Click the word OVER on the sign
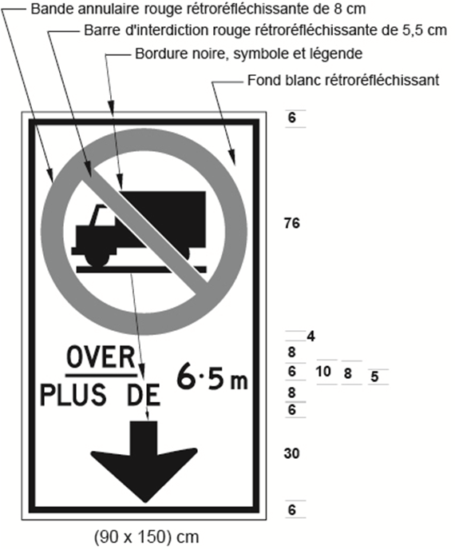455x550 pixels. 101,357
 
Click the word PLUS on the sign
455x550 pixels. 73,395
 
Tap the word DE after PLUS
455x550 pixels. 143,395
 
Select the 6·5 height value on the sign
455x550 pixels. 200,377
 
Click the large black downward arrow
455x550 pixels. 144,460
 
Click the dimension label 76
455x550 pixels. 292,223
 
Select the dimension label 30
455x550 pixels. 292,453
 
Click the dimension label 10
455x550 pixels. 323,372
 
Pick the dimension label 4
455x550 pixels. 311,337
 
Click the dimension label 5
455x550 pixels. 375,377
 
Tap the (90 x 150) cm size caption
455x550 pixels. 146,536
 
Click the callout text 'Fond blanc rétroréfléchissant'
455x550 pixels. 343,80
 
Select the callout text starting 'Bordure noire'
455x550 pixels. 249,54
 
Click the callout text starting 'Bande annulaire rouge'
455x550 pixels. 198,9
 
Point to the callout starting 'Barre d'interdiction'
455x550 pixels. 266,30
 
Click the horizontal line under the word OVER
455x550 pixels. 101,375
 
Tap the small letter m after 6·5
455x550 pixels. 239,382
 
